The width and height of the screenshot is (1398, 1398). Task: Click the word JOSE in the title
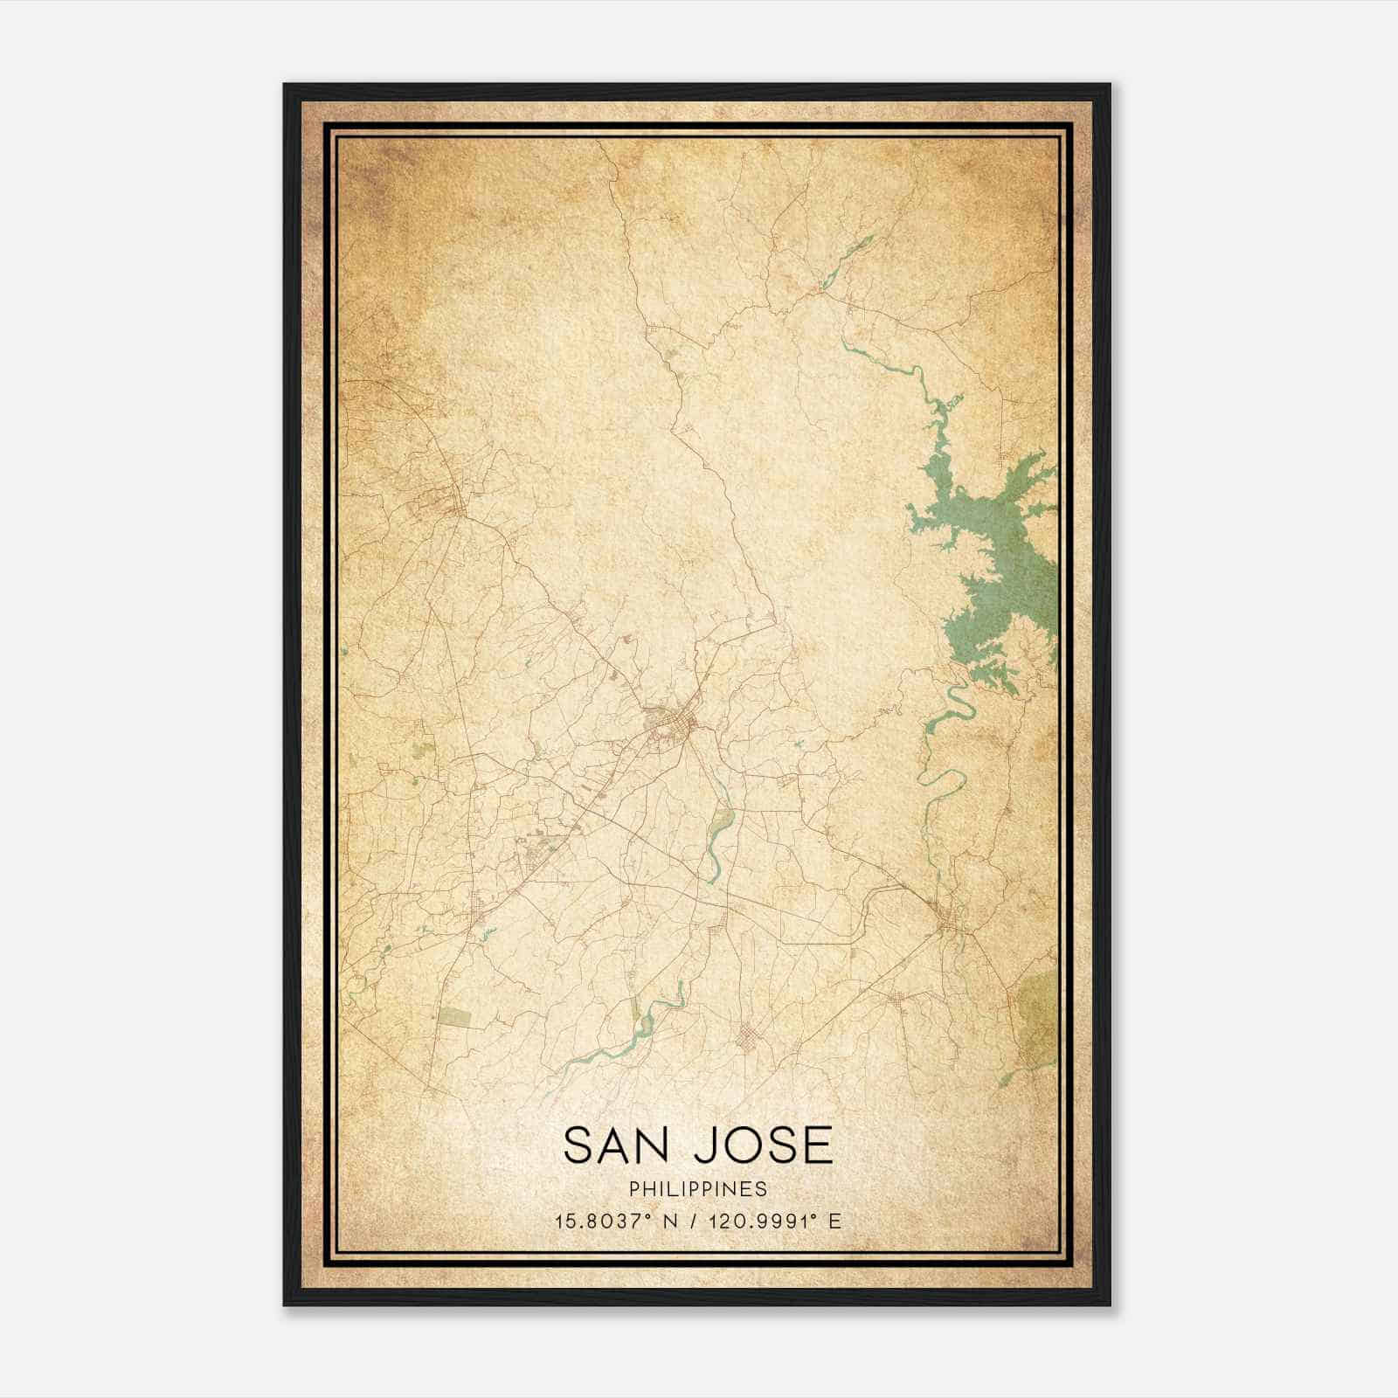coord(763,1145)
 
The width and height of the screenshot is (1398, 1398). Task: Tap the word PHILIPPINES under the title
coord(698,1189)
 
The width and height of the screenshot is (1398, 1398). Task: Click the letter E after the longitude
coord(835,1222)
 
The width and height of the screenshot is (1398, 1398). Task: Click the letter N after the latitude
coord(670,1222)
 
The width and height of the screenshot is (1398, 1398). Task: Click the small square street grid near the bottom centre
coord(748,1039)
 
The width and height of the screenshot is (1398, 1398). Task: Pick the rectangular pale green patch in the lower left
coord(453,1016)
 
